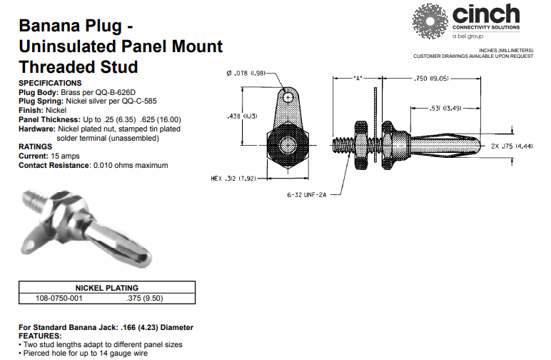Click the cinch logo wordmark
[x=486, y=14]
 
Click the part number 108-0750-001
[x=59, y=298]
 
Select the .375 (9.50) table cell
[x=144, y=298]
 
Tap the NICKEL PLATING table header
[x=107, y=288]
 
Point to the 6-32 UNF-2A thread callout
[x=307, y=195]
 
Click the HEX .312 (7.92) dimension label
[x=233, y=179]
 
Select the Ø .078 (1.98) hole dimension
[x=246, y=73]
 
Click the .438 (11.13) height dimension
[x=243, y=116]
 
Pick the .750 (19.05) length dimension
[x=431, y=79]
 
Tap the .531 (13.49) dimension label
[x=445, y=109]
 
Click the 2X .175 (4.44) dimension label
[x=512, y=146]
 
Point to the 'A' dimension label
[x=358, y=79]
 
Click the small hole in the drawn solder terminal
[x=288, y=97]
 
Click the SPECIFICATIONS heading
[x=50, y=83]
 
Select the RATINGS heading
[x=35, y=146]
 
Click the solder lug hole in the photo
[x=30, y=245]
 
